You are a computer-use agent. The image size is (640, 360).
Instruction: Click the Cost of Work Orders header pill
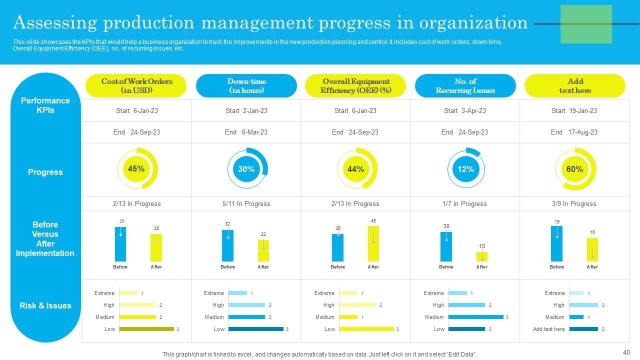pyautogui.click(x=136, y=86)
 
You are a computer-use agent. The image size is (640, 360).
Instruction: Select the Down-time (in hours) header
pyautogui.click(x=246, y=86)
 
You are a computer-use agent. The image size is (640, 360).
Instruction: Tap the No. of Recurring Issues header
pyautogui.click(x=465, y=86)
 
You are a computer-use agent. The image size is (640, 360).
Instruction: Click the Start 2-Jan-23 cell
pyautogui.click(x=246, y=110)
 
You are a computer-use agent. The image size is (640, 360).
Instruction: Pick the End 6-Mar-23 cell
pyautogui.click(x=246, y=132)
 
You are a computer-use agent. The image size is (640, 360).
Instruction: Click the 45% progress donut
pyautogui.click(x=137, y=169)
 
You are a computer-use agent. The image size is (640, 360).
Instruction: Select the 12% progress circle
pyautogui.click(x=465, y=169)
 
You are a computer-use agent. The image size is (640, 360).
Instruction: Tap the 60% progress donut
pyautogui.click(x=575, y=169)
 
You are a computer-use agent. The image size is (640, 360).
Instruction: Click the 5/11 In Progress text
pyautogui.click(x=246, y=203)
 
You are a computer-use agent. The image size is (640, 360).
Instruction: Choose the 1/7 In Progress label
pyautogui.click(x=465, y=203)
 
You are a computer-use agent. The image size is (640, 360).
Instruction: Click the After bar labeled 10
pyautogui.click(x=481, y=256)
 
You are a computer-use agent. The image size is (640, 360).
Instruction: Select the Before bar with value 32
pyautogui.click(x=227, y=245)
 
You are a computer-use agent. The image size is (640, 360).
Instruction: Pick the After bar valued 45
pyautogui.click(x=373, y=243)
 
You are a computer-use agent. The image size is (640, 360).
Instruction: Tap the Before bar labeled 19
pyautogui.click(x=556, y=243)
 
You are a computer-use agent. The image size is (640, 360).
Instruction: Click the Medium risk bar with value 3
pyautogui.click(x=475, y=317)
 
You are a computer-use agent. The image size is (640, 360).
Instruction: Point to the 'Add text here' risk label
pyautogui.click(x=548, y=329)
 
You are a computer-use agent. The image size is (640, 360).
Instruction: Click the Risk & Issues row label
pyautogui.click(x=45, y=305)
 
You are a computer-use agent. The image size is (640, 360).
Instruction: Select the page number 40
pyautogui.click(x=626, y=351)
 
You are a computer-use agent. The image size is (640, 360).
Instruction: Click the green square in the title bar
pyautogui.click(x=586, y=24)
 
